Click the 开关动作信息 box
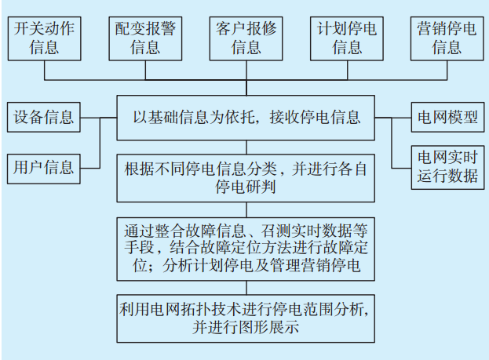(x=44, y=37)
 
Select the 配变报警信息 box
(x=145, y=37)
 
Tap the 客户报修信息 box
(x=246, y=37)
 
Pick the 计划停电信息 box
(x=347, y=37)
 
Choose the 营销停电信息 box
(x=447, y=37)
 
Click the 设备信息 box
(x=44, y=118)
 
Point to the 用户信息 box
(x=44, y=166)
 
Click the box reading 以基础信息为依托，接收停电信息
(x=246, y=118)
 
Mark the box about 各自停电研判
(x=246, y=178)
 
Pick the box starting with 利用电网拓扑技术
(x=246, y=317)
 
